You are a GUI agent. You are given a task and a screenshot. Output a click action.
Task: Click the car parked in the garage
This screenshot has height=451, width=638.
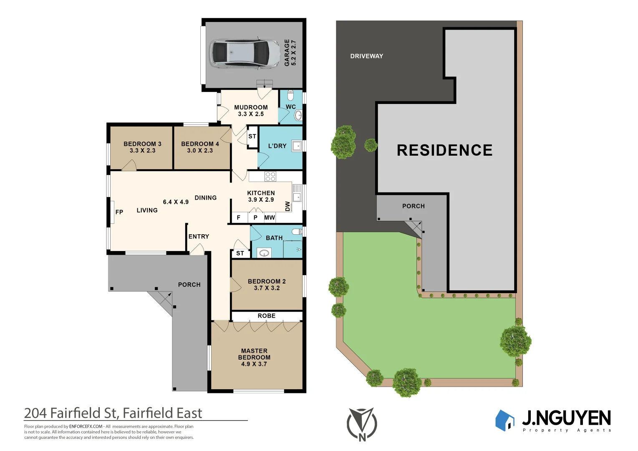[x=245, y=53]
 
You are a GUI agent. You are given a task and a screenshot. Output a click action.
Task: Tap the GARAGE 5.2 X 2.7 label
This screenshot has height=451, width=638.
[x=290, y=53]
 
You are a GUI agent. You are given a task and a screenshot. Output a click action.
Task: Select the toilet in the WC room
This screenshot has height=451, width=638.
[x=291, y=95]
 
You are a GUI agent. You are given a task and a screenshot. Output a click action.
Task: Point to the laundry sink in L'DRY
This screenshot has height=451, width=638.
[x=297, y=146]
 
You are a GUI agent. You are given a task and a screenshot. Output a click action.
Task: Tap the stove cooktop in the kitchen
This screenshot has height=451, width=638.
[x=270, y=176]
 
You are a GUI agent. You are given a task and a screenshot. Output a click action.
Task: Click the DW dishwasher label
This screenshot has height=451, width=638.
[x=287, y=206]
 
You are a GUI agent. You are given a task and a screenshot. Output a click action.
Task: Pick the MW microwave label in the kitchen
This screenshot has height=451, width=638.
[x=270, y=218]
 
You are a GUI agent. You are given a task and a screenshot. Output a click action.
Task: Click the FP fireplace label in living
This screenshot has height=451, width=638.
[x=119, y=212]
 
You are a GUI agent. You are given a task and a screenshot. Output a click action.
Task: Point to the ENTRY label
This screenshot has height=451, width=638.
[x=199, y=236]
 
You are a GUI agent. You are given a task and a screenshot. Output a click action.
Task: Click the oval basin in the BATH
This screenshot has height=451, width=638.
[x=264, y=253]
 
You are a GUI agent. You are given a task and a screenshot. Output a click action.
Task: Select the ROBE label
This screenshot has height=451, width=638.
[x=267, y=316]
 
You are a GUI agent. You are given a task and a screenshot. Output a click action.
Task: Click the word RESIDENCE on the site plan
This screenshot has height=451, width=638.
[x=444, y=150]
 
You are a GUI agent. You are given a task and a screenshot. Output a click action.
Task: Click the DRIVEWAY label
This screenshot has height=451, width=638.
[x=366, y=56]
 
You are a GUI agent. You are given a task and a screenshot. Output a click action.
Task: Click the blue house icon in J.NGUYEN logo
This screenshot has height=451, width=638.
[x=505, y=420]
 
